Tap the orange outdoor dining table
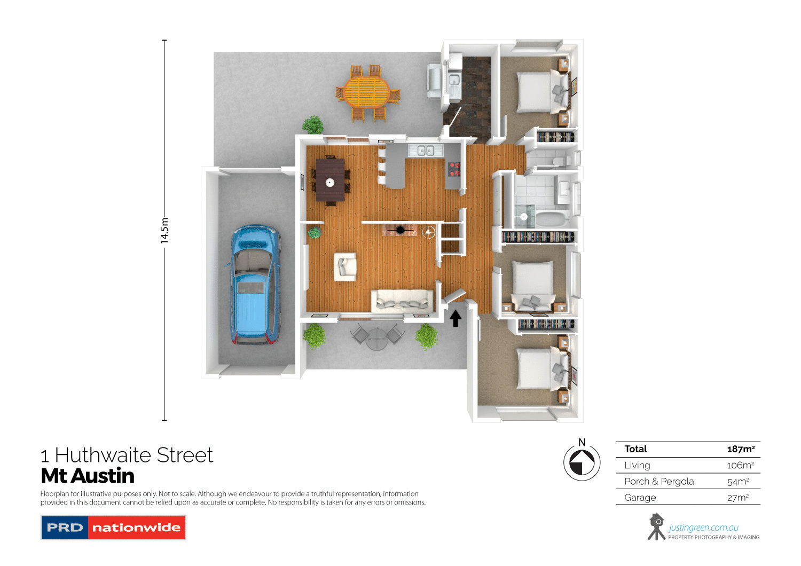[367, 92]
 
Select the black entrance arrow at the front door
[455, 319]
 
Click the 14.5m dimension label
[164, 230]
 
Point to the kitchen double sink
[426, 151]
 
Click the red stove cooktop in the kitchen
[454, 169]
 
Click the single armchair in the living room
[345, 266]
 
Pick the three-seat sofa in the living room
[402, 301]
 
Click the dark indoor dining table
[330, 180]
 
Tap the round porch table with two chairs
[378, 337]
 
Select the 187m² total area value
[741, 449]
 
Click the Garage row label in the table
[640, 498]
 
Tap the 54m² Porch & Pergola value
[738, 482]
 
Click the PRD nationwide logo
[113, 528]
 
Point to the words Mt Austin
[88, 476]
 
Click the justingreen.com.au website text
[703, 528]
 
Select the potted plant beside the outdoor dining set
[313, 125]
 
